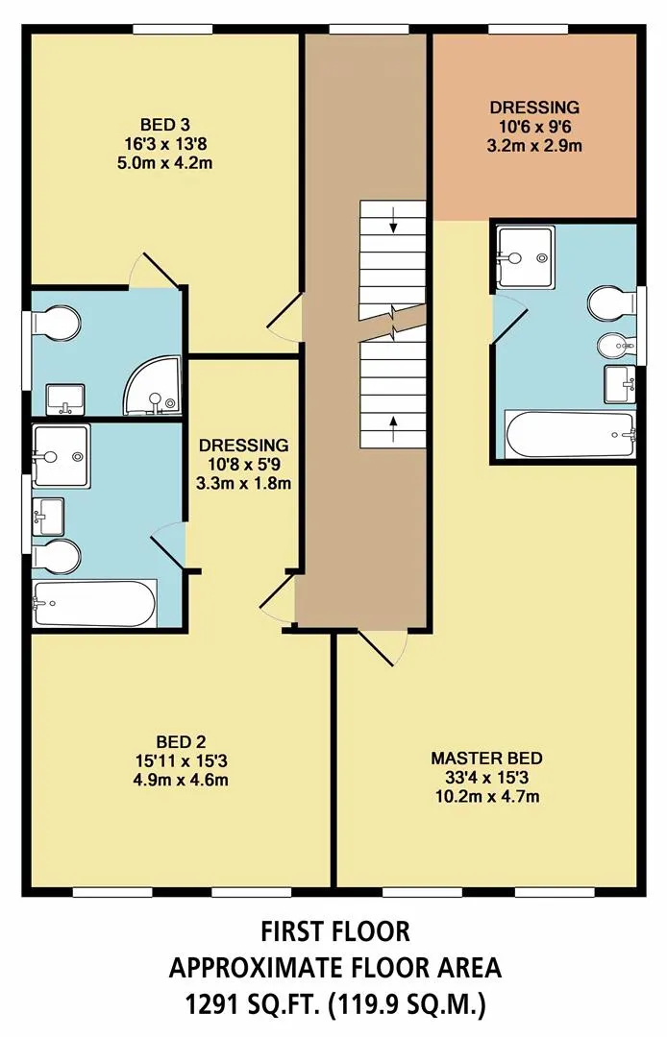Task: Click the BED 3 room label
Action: click(x=164, y=124)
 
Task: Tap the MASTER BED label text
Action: click(x=486, y=758)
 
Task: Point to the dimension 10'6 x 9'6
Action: click(x=534, y=127)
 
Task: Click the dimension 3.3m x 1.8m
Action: click(x=243, y=483)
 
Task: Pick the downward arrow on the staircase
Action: click(x=394, y=221)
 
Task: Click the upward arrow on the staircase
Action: click(x=394, y=428)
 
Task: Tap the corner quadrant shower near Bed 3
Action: click(x=153, y=386)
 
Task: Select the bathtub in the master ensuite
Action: click(x=570, y=434)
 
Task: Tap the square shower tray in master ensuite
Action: click(x=526, y=258)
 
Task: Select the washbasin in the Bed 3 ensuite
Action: click(x=64, y=398)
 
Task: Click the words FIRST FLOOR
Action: click(x=335, y=931)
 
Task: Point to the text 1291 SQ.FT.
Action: click(x=254, y=1005)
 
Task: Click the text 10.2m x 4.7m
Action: click(x=487, y=796)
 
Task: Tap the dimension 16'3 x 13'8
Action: click(x=164, y=143)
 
